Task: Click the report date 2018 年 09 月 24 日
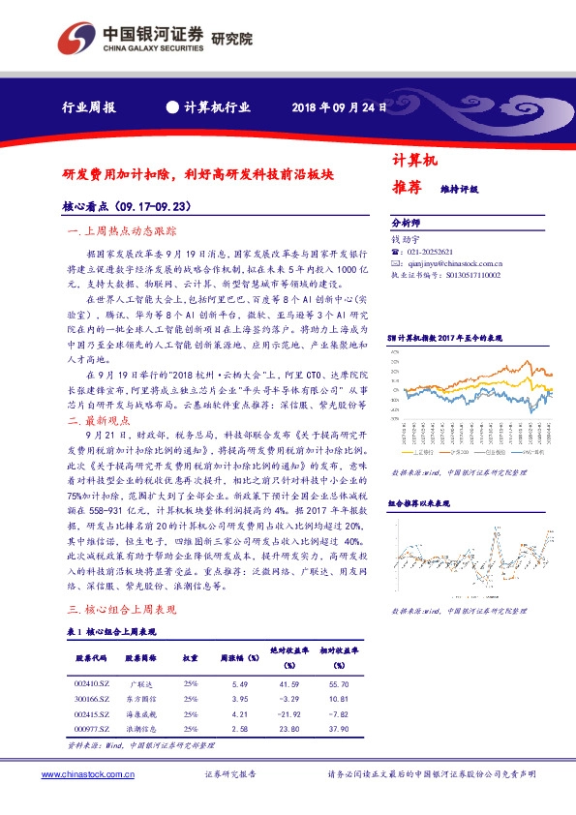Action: (x=339, y=107)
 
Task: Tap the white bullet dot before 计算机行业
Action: (x=172, y=107)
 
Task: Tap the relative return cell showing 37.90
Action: (x=341, y=728)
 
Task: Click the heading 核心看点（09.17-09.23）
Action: (x=125, y=205)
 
